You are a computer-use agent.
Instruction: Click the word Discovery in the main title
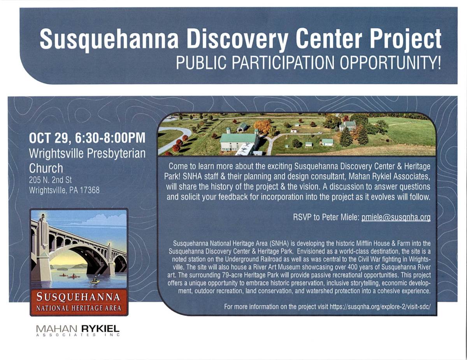pyautogui.click(x=237, y=40)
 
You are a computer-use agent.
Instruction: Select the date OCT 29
pyautogui.click(x=50, y=138)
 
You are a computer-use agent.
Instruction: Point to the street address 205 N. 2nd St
pyautogui.click(x=50, y=180)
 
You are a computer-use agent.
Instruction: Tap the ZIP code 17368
pyautogui.click(x=90, y=190)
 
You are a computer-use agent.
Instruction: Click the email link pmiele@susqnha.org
pyautogui.click(x=396, y=217)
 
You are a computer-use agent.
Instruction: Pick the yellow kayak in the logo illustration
pyautogui.click(x=95, y=281)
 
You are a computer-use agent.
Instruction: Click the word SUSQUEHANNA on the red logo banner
pyautogui.click(x=78, y=297)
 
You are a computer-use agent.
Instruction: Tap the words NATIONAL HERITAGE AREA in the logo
pyautogui.click(x=79, y=308)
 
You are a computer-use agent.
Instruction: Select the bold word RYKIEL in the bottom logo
pyautogui.click(x=100, y=329)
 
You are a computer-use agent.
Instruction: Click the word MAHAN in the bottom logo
pyautogui.click(x=56, y=329)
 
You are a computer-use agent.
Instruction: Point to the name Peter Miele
pyautogui.click(x=341, y=217)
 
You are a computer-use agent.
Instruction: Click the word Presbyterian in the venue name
pyautogui.click(x=116, y=154)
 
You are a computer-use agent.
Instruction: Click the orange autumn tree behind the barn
pyautogui.click(x=262, y=126)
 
